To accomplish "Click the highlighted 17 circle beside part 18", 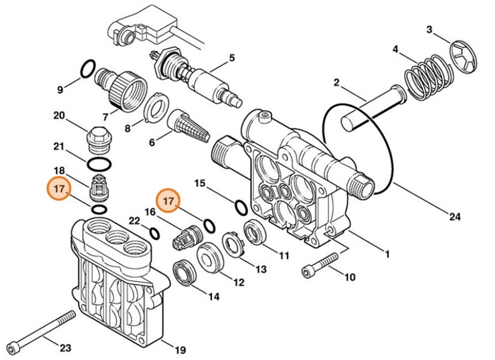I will pyautogui.click(x=59, y=189).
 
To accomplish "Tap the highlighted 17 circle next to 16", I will pyautogui.click(x=169, y=199).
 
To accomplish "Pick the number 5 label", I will pyautogui.click(x=231, y=58).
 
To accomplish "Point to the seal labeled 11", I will pyautogui.click(x=254, y=232).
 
